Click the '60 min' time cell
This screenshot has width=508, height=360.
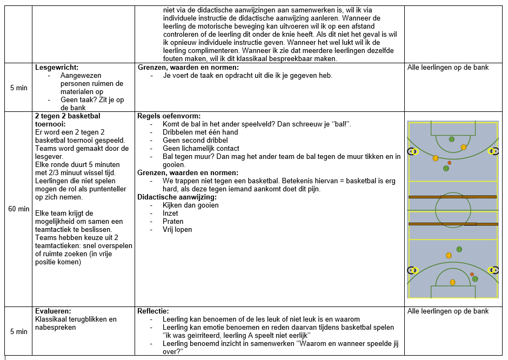[x=19, y=209]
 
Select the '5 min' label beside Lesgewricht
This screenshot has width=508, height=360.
[x=19, y=88]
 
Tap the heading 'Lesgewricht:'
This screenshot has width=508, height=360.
[x=57, y=68]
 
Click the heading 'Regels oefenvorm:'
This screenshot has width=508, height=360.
[x=169, y=116]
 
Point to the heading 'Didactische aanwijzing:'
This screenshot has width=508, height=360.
[x=176, y=197]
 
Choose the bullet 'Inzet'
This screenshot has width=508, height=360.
[x=170, y=214]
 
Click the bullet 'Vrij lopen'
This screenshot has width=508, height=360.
[x=177, y=230]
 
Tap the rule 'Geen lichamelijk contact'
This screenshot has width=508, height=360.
[x=201, y=149]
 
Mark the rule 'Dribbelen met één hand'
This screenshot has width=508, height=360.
[x=200, y=132]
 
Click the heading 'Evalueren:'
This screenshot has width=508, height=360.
[x=52, y=311]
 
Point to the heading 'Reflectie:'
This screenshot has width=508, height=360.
[x=153, y=311]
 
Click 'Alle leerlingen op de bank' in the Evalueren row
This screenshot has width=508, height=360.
[x=447, y=311]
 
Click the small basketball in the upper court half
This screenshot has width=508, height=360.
[x=449, y=163]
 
